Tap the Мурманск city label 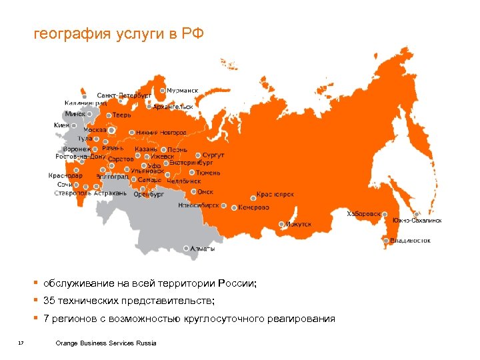pyautogui.click(x=182, y=90)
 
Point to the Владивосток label pyautogui.click(x=410, y=240)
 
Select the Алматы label pyautogui.click(x=203, y=249)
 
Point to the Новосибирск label pyautogui.click(x=198, y=206)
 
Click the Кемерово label pyautogui.click(x=253, y=207)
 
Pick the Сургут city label pyautogui.click(x=214, y=155)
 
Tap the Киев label pyautogui.click(x=61, y=125)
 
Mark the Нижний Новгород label pyautogui.click(x=161, y=133)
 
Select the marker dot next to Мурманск pyautogui.click(x=162, y=89)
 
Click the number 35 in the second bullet pyautogui.click(x=50, y=301)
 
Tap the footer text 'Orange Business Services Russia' pyautogui.click(x=106, y=343)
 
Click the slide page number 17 pyautogui.click(x=21, y=343)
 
